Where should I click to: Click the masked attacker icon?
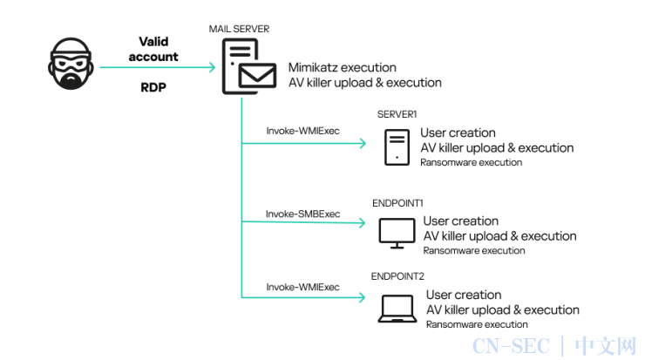pyautogui.click(x=71, y=64)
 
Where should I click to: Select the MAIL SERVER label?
pyautogui.click(x=239, y=29)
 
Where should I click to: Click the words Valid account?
pyautogui.click(x=153, y=49)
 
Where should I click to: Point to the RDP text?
pyautogui.click(x=153, y=87)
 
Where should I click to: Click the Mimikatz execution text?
pyautogui.click(x=343, y=67)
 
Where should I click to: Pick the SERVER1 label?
pyautogui.click(x=397, y=114)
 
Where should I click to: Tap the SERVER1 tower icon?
pyautogui.click(x=397, y=147)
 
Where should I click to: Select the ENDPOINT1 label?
pyautogui.click(x=397, y=203)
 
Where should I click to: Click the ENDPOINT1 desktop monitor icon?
pyautogui.click(x=397, y=234)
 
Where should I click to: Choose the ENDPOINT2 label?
pyautogui.click(x=397, y=276)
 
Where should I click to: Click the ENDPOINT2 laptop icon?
pyautogui.click(x=397, y=309)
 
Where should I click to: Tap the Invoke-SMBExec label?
pyautogui.click(x=302, y=214)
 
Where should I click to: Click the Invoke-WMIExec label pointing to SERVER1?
pyautogui.click(x=302, y=131)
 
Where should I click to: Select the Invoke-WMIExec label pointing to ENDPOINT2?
pyautogui.click(x=302, y=287)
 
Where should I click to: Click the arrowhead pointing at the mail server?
pyautogui.click(x=213, y=67)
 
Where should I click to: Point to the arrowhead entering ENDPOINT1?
pyautogui.click(x=363, y=222)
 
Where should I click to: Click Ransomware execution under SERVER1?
pyautogui.click(x=471, y=162)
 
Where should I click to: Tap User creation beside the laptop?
pyautogui.click(x=464, y=295)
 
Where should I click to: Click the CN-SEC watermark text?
pyautogui.click(x=511, y=346)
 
